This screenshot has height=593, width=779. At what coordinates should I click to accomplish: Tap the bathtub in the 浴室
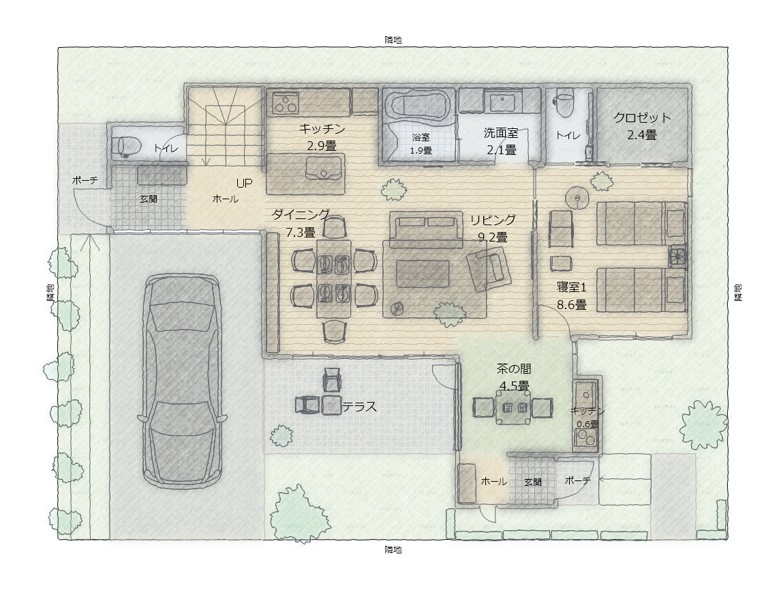(418, 105)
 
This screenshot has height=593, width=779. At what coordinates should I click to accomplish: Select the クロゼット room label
(642, 118)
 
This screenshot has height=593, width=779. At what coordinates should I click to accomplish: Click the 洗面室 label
(501, 133)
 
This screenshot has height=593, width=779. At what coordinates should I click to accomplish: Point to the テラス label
(359, 407)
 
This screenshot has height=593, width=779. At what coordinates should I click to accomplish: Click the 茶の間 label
(514, 369)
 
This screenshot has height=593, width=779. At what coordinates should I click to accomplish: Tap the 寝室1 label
(571, 287)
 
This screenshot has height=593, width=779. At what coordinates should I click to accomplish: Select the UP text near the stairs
(244, 184)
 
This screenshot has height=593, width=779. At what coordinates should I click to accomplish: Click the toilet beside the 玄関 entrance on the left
(125, 147)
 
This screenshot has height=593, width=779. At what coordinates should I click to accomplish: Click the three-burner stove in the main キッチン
(286, 103)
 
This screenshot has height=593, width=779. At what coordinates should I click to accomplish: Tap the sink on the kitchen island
(324, 168)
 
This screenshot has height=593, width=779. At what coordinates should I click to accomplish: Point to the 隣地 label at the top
(393, 40)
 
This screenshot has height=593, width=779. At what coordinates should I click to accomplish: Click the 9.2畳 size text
(493, 237)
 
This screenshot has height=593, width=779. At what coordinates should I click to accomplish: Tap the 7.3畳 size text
(300, 232)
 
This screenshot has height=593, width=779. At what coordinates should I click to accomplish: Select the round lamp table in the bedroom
(577, 197)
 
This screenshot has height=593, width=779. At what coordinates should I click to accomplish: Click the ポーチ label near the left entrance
(85, 180)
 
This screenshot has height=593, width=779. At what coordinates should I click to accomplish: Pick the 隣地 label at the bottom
(393, 550)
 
